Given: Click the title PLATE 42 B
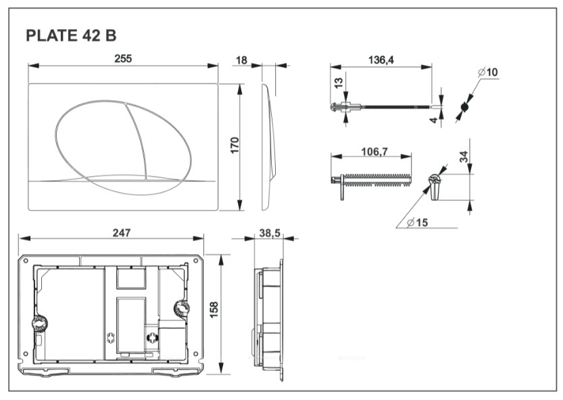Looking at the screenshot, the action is coord(71,36).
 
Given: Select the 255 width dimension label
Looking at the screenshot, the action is coord(123,59).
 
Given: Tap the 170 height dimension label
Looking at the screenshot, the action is coord(235,145).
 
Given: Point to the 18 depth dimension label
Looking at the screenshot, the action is coord(241,60).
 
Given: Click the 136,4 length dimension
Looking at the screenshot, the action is coord(381,60).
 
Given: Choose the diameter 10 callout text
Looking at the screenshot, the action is coord(488,72).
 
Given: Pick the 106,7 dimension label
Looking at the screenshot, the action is coord(374,152).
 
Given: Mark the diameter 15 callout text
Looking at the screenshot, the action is coord(418,223).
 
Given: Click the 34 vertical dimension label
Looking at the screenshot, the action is coord(464,156).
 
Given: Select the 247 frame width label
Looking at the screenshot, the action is coord(122,233).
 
